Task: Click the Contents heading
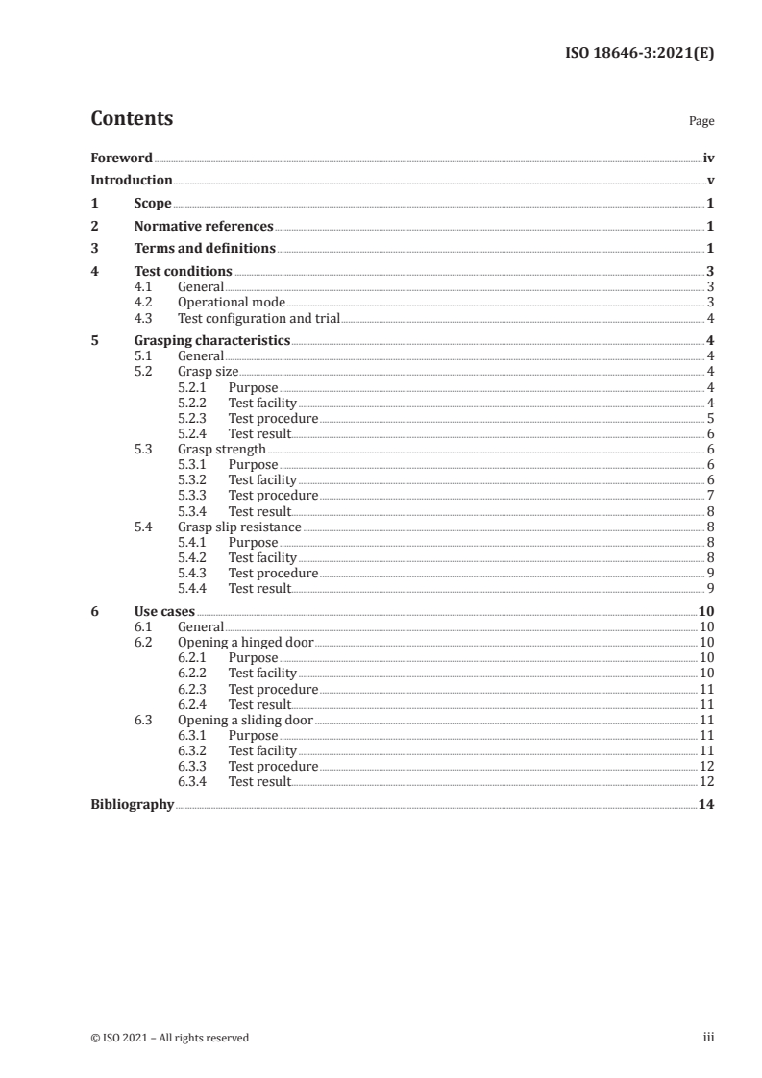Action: [132, 119]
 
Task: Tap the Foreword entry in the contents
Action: [121, 158]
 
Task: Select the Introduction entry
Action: [132, 180]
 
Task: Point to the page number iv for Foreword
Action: [708, 158]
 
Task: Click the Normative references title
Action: [204, 226]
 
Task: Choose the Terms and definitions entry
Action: [205, 249]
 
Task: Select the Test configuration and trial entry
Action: [259, 318]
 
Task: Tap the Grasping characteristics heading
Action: [212, 340]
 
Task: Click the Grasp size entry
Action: [209, 371]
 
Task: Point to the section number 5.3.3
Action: [195, 495]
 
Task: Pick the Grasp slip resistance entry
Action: [239, 527]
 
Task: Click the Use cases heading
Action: [164, 611]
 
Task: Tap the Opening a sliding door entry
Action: [245, 720]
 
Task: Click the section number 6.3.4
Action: [195, 781]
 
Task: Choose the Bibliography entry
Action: [132, 804]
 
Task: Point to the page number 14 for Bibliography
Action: [705, 804]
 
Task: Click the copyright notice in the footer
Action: [169, 1038]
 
